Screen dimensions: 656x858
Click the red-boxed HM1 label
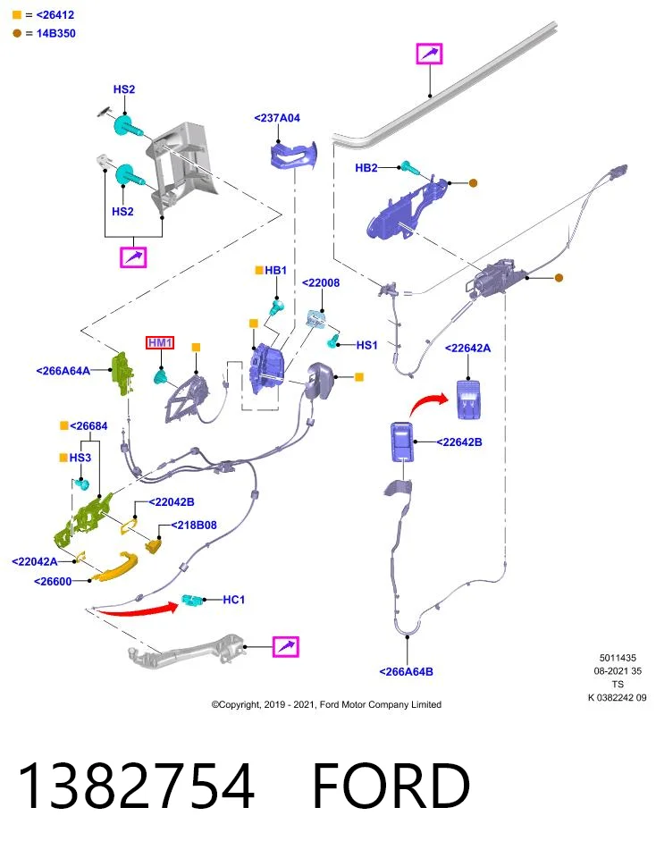[x=160, y=342]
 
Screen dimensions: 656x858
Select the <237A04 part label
[x=277, y=118]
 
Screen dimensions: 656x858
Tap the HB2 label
[x=366, y=167]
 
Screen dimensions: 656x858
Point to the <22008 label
[x=321, y=282]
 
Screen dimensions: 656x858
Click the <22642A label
[x=467, y=348]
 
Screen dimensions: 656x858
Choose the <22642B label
[x=459, y=442]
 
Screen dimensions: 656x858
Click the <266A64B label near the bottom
[x=406, y=671]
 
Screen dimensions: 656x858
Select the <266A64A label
[x=63, y=371]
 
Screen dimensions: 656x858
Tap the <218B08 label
[x=194, y=526]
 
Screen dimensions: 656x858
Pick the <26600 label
[x=53, y=582]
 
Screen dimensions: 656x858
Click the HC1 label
[x=233, y=600]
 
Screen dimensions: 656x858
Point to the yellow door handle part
[x=115, y=566]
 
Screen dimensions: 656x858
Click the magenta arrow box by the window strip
[x=430, y=54]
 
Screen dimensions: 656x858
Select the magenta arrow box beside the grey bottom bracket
[x=286, y=646]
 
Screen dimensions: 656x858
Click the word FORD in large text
[x=391, y=786]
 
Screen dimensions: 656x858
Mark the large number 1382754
[x=136, y=786]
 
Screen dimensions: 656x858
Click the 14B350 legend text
[x=55, y=33]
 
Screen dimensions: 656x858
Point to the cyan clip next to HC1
[x=192, y=600]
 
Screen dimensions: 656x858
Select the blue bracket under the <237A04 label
[x=294, y=155]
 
